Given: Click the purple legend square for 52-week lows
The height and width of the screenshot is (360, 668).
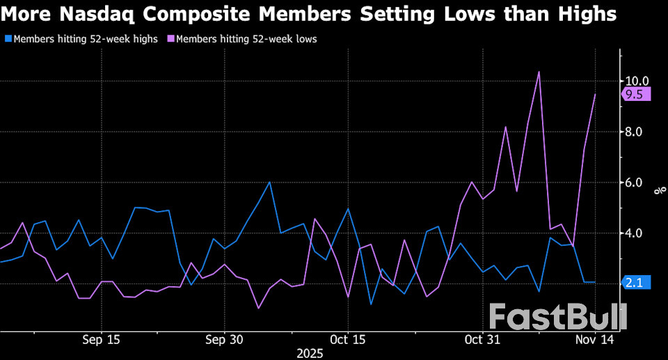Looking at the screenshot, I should [x=170, y=40].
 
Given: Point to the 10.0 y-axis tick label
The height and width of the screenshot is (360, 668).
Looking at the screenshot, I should [x=637, y=81].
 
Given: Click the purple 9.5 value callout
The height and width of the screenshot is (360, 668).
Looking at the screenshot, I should [x=635, y=95].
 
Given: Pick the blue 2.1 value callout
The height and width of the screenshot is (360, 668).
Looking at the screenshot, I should [x=635, y=282].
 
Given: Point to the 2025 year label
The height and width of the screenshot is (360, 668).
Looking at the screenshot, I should [x=310, y=353].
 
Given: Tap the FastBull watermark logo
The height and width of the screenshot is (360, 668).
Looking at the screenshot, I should [x=557, y=317].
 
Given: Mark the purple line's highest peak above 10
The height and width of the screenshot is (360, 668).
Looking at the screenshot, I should [x=539, y=72].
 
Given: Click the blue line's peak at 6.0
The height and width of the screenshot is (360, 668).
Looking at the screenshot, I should [x=269, y=182].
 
